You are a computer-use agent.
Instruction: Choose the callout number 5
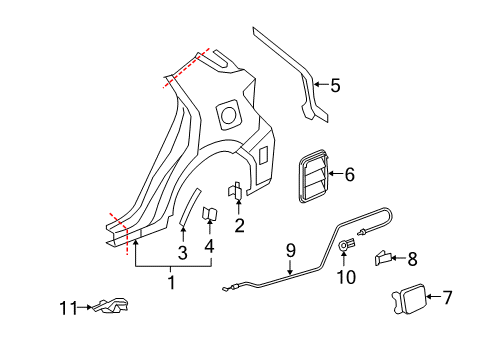click(335, 86)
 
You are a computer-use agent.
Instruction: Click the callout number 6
click(349, 174)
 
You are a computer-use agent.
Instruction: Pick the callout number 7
click(447, 297)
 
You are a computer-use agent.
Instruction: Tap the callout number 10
click(348, 276)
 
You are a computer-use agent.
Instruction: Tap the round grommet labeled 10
click(347, 245)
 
